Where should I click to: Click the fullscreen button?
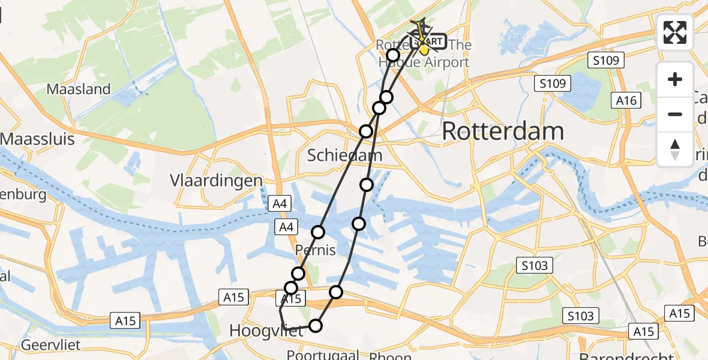675,32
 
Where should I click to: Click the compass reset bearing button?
675,149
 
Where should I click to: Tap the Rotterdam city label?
503,131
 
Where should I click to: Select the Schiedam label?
344,155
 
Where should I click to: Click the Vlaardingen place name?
216,181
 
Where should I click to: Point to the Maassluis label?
37,139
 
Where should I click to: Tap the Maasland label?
79,89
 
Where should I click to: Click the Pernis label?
316,250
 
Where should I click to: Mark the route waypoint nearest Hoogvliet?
315,326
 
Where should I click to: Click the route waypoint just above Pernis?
318,232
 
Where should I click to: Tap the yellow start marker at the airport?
424,48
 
